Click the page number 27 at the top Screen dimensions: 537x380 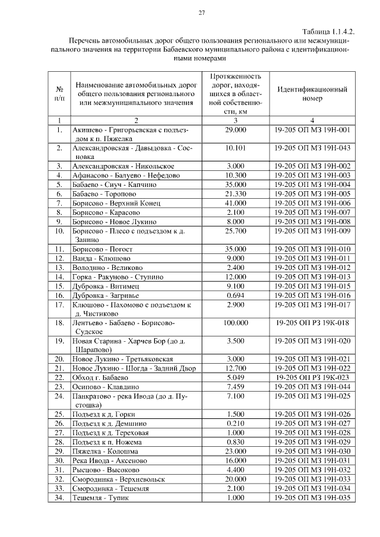point(201,13)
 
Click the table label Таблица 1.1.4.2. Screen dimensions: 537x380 point(328,31)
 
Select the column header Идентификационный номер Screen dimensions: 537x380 point(312,94)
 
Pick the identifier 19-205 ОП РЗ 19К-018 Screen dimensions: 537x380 point(312,323)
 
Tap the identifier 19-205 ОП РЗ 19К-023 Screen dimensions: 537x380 point(312,377)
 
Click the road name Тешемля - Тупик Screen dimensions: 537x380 point(100,497)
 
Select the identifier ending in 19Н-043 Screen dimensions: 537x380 point(312,147)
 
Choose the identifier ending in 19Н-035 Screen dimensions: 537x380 point(312,497)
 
